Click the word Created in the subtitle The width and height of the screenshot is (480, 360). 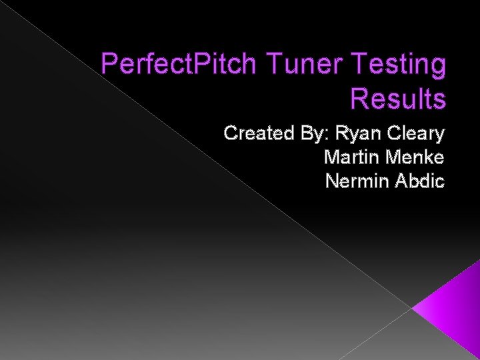click(x=259, y=133)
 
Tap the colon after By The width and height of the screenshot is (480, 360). click(x=331, y=136)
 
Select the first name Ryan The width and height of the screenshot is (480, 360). click(x=359, y=135)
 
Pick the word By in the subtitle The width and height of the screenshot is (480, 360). click(x=315, y=135)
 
